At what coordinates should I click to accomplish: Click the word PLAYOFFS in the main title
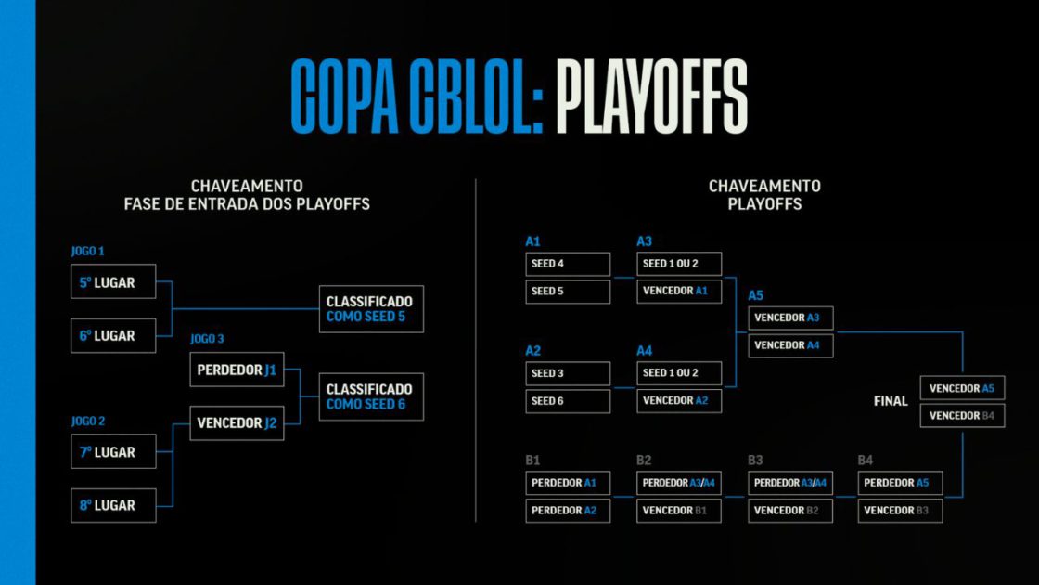[651, 97]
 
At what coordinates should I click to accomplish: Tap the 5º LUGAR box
[113, 282]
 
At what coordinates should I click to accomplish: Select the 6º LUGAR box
[113, 335]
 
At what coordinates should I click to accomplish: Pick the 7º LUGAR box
[113, 452]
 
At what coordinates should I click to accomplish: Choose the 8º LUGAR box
[113, 505]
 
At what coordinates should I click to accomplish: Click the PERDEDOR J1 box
[237, 370]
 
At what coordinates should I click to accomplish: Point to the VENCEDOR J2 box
[237, 422]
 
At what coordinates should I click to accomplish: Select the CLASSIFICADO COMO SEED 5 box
[371, 309]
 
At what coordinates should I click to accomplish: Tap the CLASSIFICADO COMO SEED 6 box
[371, 396]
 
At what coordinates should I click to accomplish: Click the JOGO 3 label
[207, 339]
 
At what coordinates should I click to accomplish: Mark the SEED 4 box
[568, 264]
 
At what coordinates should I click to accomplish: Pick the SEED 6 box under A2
[568, 401]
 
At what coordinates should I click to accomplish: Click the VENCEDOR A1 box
[679, 292]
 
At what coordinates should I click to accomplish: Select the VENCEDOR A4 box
[790, 345]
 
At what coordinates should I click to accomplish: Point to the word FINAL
[891, 401]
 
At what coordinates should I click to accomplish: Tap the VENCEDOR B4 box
[962, 415]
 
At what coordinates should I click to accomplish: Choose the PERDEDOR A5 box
[900, 483]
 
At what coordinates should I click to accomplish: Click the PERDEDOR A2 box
[568, 511]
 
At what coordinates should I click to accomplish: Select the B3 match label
[755, 460]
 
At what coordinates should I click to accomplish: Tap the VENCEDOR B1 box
[679, 511]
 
